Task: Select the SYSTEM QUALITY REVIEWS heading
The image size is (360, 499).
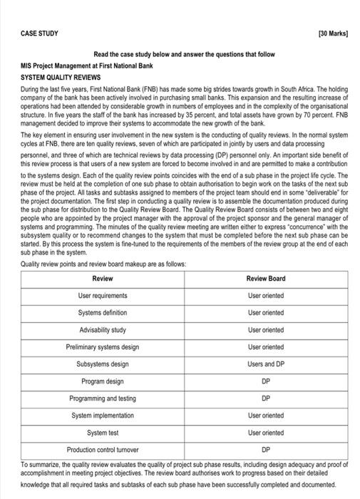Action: tap(61, 77)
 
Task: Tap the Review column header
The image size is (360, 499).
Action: tap(103, 278)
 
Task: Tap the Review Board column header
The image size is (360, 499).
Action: tap(265, 278)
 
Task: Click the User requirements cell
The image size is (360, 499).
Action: tap(103, 295)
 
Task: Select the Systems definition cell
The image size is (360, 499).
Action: tap(103, 312)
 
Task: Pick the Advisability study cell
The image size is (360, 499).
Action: tap(103, 329)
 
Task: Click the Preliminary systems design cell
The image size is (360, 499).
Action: tap(103, 346)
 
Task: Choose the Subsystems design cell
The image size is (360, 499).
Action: tap(103, 364)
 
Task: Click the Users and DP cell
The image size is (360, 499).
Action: tap(265, 364)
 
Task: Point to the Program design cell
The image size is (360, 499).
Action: tap(103, 381)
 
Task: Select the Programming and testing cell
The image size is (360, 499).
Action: tap(103, 398)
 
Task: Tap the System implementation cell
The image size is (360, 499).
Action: tap(103, 416)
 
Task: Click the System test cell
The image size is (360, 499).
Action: tap(103, 433)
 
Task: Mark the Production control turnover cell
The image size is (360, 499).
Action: tap(103, 450)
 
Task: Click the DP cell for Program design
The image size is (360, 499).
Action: tap(265, 381)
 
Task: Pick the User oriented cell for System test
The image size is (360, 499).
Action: tap(265, 433)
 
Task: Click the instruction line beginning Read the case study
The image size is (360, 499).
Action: tap(184, 54)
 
